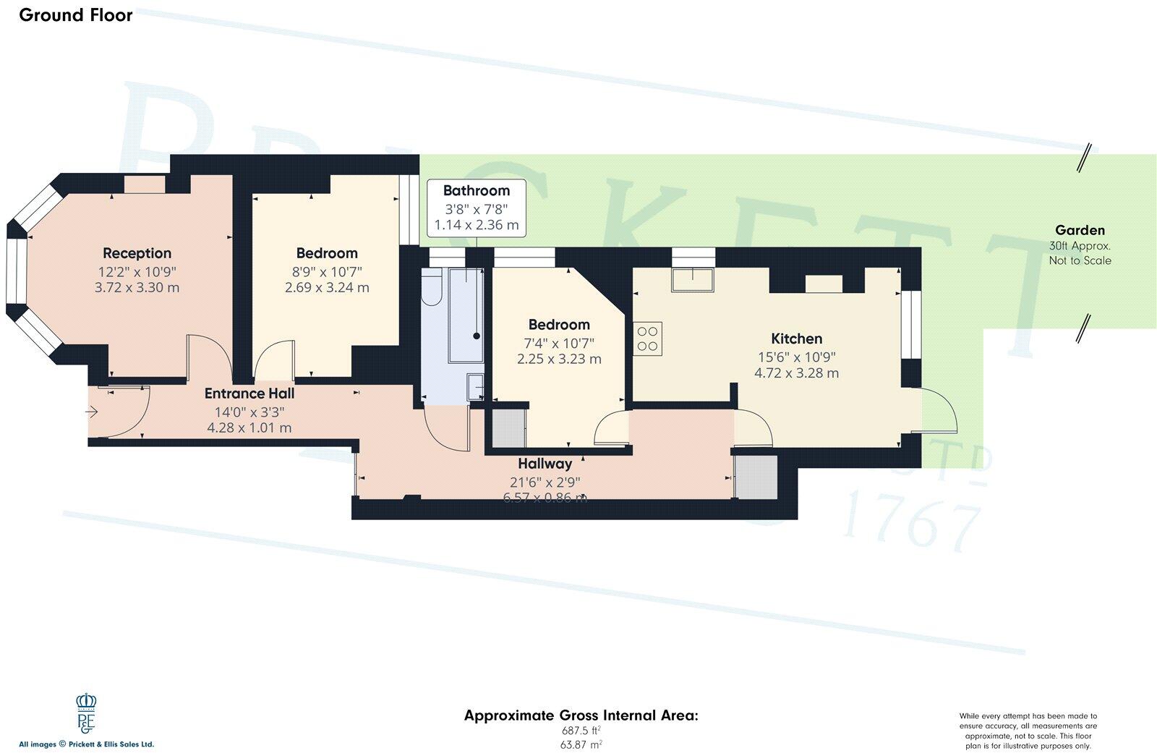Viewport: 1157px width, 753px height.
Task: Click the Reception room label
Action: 137,253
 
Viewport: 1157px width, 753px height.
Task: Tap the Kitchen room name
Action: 796,339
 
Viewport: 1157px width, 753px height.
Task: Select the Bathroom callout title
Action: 476,191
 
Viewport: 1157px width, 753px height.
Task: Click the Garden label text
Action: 1080,231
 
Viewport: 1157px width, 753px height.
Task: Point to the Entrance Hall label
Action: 249,394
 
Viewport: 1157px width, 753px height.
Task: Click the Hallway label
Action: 545,464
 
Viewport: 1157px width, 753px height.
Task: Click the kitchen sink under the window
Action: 693,279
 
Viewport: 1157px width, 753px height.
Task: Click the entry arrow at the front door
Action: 92,412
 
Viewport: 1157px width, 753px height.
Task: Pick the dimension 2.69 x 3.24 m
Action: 327,287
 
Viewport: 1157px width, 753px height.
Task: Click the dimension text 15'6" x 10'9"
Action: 796,357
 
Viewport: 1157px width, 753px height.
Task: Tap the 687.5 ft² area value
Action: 581,731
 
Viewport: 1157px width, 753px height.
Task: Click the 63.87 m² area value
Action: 581,744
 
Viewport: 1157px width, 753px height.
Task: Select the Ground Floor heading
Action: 76,15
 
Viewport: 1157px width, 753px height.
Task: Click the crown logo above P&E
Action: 86,702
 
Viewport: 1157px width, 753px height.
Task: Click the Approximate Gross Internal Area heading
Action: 581,716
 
